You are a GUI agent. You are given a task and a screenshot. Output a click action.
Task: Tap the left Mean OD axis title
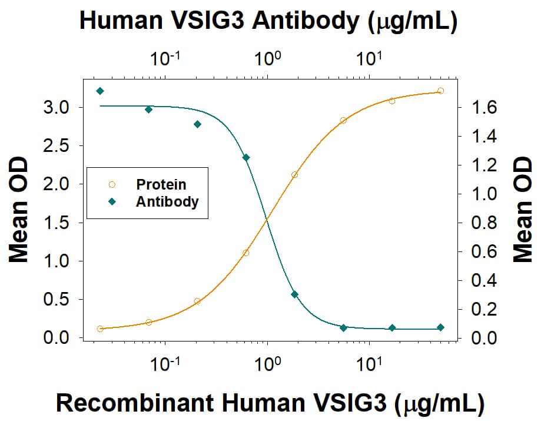point(19,223)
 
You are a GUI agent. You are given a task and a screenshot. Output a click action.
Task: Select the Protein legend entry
point(161,184)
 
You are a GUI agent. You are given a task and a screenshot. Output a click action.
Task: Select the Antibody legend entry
point(167,201)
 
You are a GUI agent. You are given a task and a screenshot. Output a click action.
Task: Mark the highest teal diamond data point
point(100,91)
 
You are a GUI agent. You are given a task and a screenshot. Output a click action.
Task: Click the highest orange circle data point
point(440,91)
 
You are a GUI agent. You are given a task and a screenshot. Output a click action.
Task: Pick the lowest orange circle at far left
point(100,329)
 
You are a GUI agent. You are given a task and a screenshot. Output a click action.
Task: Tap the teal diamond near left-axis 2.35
point(246,157)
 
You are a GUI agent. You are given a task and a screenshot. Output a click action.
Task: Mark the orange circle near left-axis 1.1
point(246,253)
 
